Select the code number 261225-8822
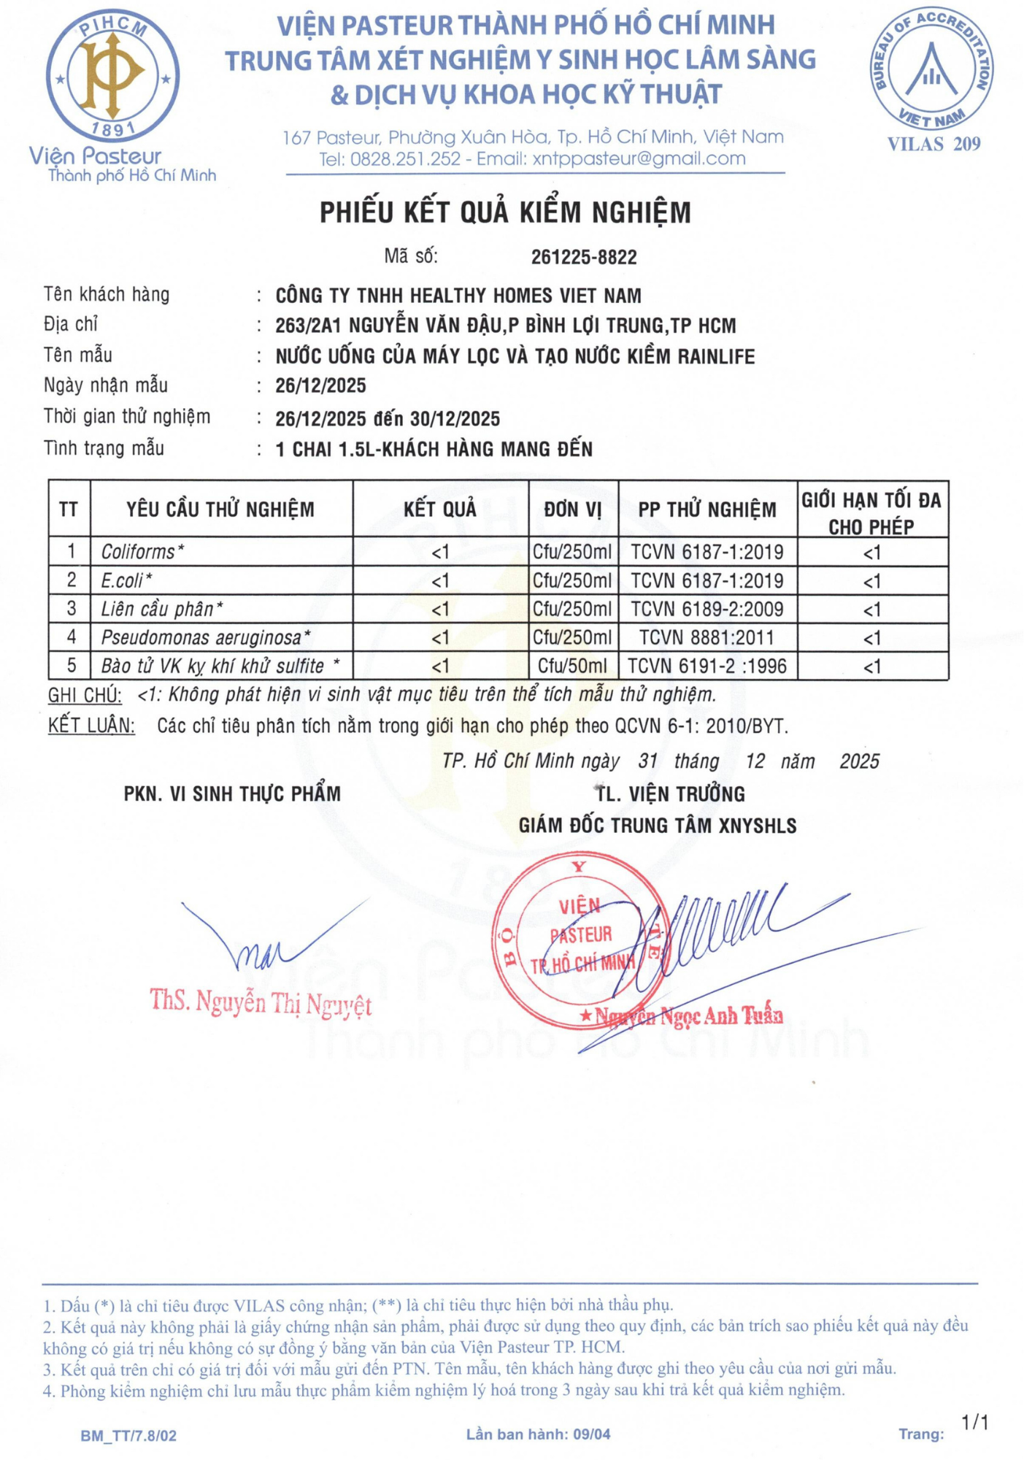(583, 257)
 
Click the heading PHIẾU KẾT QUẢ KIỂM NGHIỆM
(505, 212)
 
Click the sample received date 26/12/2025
(320, 385)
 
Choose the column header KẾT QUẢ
(440, 509)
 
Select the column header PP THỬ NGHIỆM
(707, 510)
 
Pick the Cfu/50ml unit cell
(572, 666)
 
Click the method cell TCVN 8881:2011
(707, 637)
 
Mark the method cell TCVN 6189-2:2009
(707, 609)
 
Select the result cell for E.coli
(440, 581)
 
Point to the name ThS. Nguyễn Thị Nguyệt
(261, 1003)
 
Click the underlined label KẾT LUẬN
(91, 726)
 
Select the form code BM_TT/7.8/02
(128, 1435)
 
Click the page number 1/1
(975, 1422)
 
